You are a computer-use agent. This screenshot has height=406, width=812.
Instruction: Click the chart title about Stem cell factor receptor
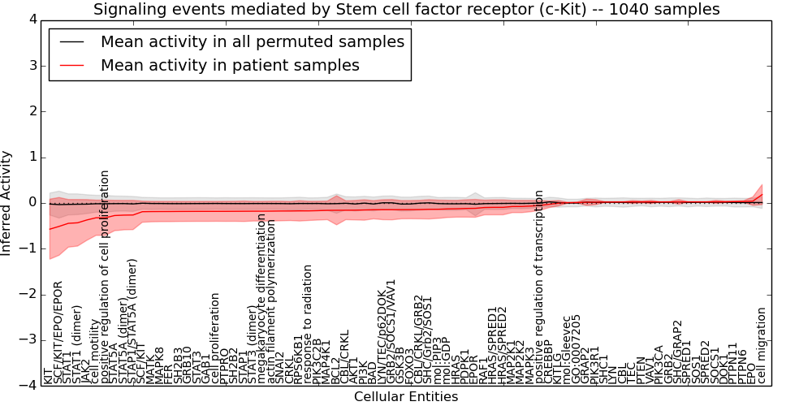pyautogui.click(x=406, y=10)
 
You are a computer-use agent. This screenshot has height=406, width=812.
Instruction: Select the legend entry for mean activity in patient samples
pyautogui.click(x=229, y=65)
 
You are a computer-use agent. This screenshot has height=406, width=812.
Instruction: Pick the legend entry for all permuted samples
pyautogui.click(x=252, y=41)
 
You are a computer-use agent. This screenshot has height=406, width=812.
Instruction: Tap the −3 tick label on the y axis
pyautogui.click(x=28, y=340)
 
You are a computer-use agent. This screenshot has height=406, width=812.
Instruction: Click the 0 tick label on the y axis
pyautogui.click(x=32, y=202)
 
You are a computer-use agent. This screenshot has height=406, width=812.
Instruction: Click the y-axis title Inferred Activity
pyautogui.click(x=7, y=202)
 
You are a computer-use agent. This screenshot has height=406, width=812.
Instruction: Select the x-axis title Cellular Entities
pyautogui.click(x=406, y=397)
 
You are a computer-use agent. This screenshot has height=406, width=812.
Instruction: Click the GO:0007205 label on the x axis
pyautogui.click(x=577, y=349)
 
